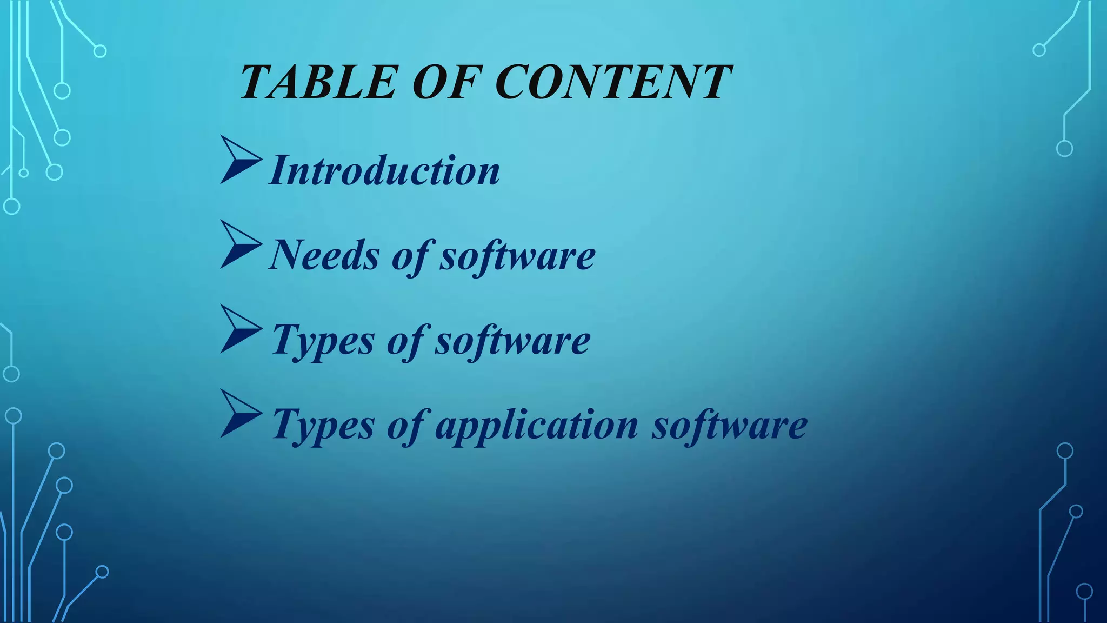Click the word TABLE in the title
(318, 82)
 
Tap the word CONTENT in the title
(613, 82)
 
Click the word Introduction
(384, 171)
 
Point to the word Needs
(324, 255)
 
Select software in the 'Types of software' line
(512, 341)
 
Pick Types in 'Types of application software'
(323, 426)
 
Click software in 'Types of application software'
(729, 426)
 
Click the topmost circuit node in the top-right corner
(1039, 50)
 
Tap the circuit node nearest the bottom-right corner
(1084, 592)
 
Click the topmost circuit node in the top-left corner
(100, 51)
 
